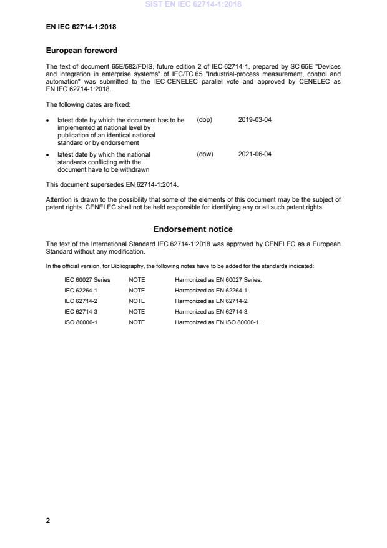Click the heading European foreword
pos(82,51)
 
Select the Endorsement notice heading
pos(193,229)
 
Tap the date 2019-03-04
pos(255,119)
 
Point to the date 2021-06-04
pos(255,154)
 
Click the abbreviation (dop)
pos(205,119)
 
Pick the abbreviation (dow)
pos(205,154)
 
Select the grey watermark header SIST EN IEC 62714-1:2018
pos(193,4)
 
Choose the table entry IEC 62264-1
pos(80,291)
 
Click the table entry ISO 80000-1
pos(80,322)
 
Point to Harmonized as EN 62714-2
pos(212,301)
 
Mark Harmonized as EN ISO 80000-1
pos(217,322)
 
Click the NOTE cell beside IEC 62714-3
pos(137,312)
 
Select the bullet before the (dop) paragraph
pos(49,120)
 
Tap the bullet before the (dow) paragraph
pos(49,154)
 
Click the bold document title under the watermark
pos(81,27)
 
